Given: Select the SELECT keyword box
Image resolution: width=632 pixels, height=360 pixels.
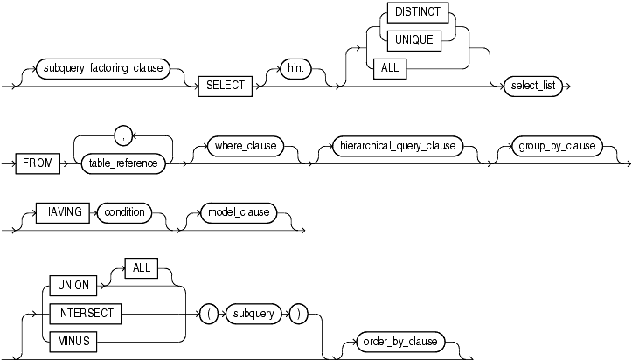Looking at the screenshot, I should [225, 87].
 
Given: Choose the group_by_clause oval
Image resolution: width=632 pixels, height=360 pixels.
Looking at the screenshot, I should [554, 145].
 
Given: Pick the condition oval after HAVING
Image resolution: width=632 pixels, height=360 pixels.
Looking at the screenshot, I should [123, 212].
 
